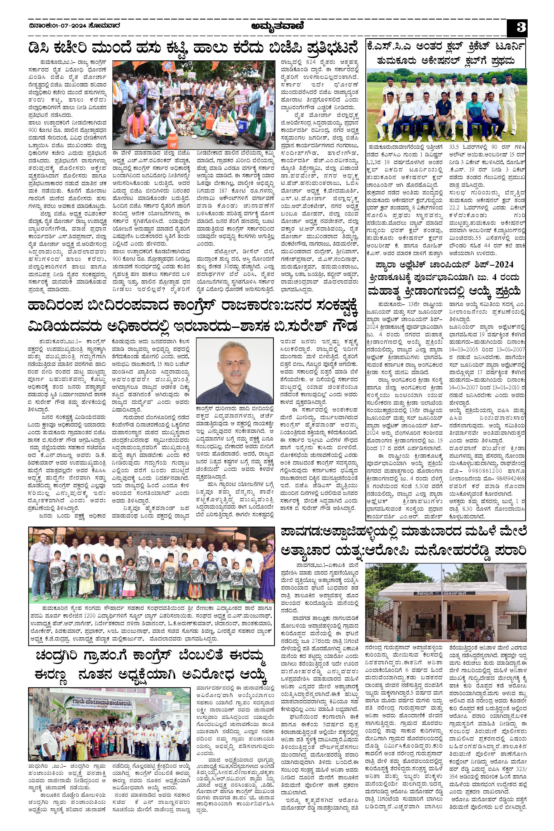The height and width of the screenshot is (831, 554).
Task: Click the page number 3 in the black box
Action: point(518,27)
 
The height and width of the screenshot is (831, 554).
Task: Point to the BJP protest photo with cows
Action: point(194,105)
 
